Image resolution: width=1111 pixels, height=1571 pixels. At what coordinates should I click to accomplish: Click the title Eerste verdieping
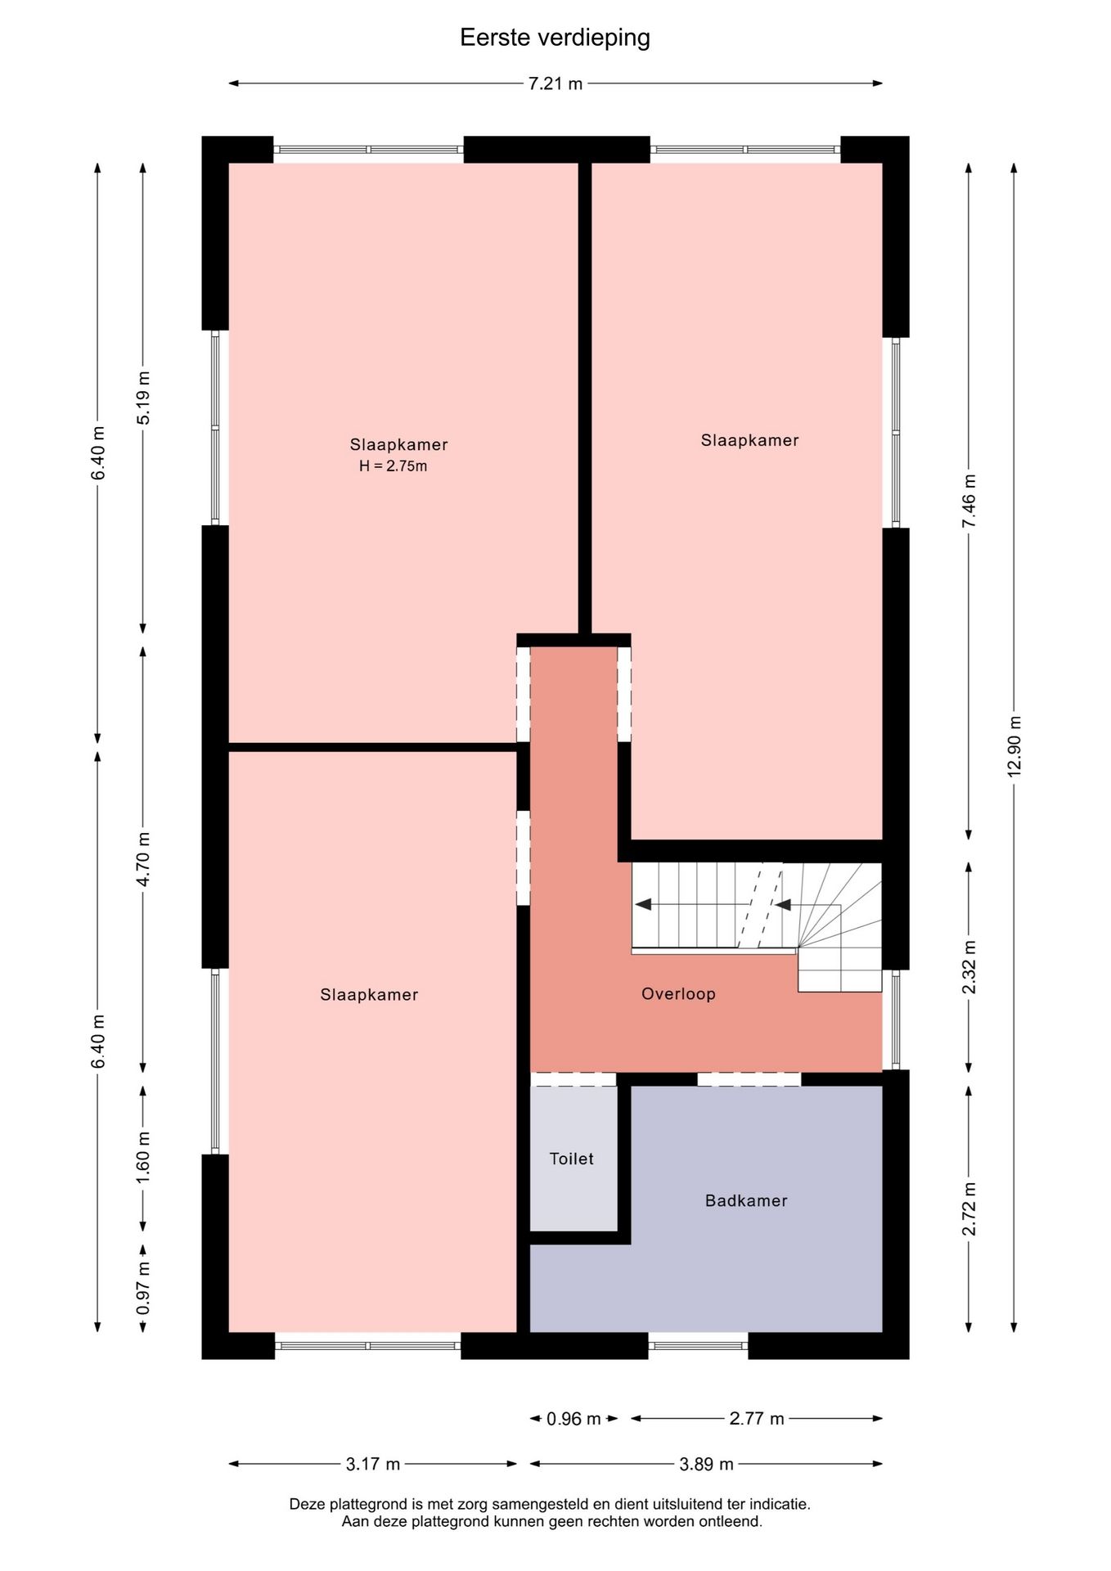pos(555,38)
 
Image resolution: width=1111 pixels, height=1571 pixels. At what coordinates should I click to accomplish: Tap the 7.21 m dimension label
pos(555,83)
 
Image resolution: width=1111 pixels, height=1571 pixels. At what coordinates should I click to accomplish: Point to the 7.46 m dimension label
pos(969,501)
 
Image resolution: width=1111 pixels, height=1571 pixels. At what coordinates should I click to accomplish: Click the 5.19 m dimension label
pos(144,398)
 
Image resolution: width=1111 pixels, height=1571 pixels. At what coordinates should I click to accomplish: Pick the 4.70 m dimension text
pos(144,859)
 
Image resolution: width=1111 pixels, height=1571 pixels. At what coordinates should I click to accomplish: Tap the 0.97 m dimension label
pos(144,1288)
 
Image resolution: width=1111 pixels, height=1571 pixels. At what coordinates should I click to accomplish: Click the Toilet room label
pos(572,1159)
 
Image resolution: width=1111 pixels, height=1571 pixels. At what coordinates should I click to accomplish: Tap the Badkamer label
pos(746,1200)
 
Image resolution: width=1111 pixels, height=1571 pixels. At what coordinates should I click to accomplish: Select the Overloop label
pos(678,993)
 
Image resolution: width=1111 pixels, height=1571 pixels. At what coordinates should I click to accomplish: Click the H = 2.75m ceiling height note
pos(394,466)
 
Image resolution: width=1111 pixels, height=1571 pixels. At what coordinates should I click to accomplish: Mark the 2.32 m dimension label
pos(969,967)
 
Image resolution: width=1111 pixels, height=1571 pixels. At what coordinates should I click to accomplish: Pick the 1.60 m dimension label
pos(144,1157)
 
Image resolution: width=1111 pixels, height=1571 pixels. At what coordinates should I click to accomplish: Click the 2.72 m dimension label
pos(969,1209)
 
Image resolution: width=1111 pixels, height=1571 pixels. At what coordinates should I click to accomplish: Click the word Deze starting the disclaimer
pos(308,1504)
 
